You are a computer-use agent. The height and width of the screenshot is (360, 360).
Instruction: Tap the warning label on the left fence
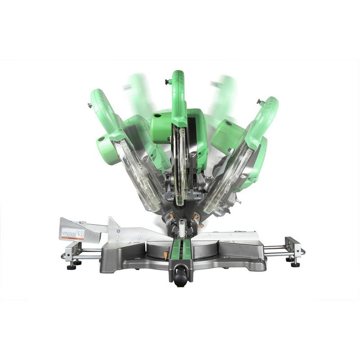click(72, 234)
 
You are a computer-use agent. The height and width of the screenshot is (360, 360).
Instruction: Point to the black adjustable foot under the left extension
click(71, 266)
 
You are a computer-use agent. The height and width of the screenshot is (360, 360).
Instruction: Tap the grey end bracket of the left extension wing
click(70, 250)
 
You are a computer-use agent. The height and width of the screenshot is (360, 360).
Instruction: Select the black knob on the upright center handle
click(167, 82)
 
